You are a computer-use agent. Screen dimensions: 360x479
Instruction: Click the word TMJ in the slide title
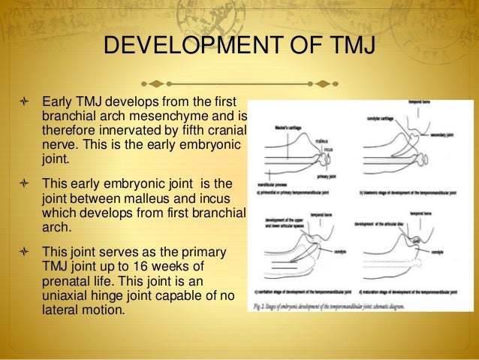coord(348,47)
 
